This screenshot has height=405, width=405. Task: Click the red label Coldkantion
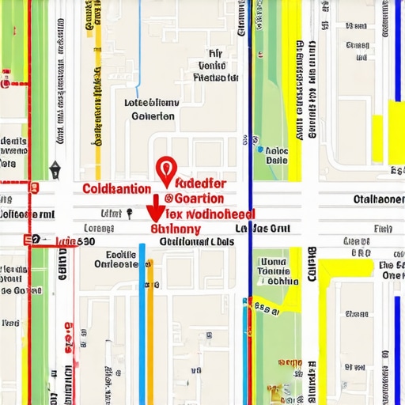115,189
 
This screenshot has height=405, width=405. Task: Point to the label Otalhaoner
377,199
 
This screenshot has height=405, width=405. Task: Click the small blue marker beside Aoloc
259,148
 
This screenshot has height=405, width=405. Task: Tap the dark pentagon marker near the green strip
55,169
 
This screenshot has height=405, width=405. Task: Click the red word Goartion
200,198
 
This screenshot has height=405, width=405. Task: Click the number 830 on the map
83,240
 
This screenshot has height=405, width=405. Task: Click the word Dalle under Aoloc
277,160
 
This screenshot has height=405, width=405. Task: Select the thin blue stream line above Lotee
139,47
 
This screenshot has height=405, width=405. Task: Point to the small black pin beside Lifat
127,213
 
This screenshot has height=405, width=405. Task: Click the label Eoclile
120,255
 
